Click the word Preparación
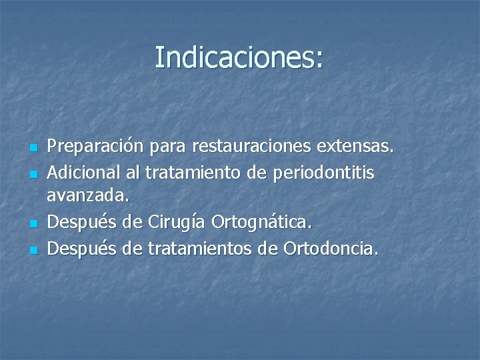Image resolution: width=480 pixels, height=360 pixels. (93, 145)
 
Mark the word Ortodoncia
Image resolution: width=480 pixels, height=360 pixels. (331, 249)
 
